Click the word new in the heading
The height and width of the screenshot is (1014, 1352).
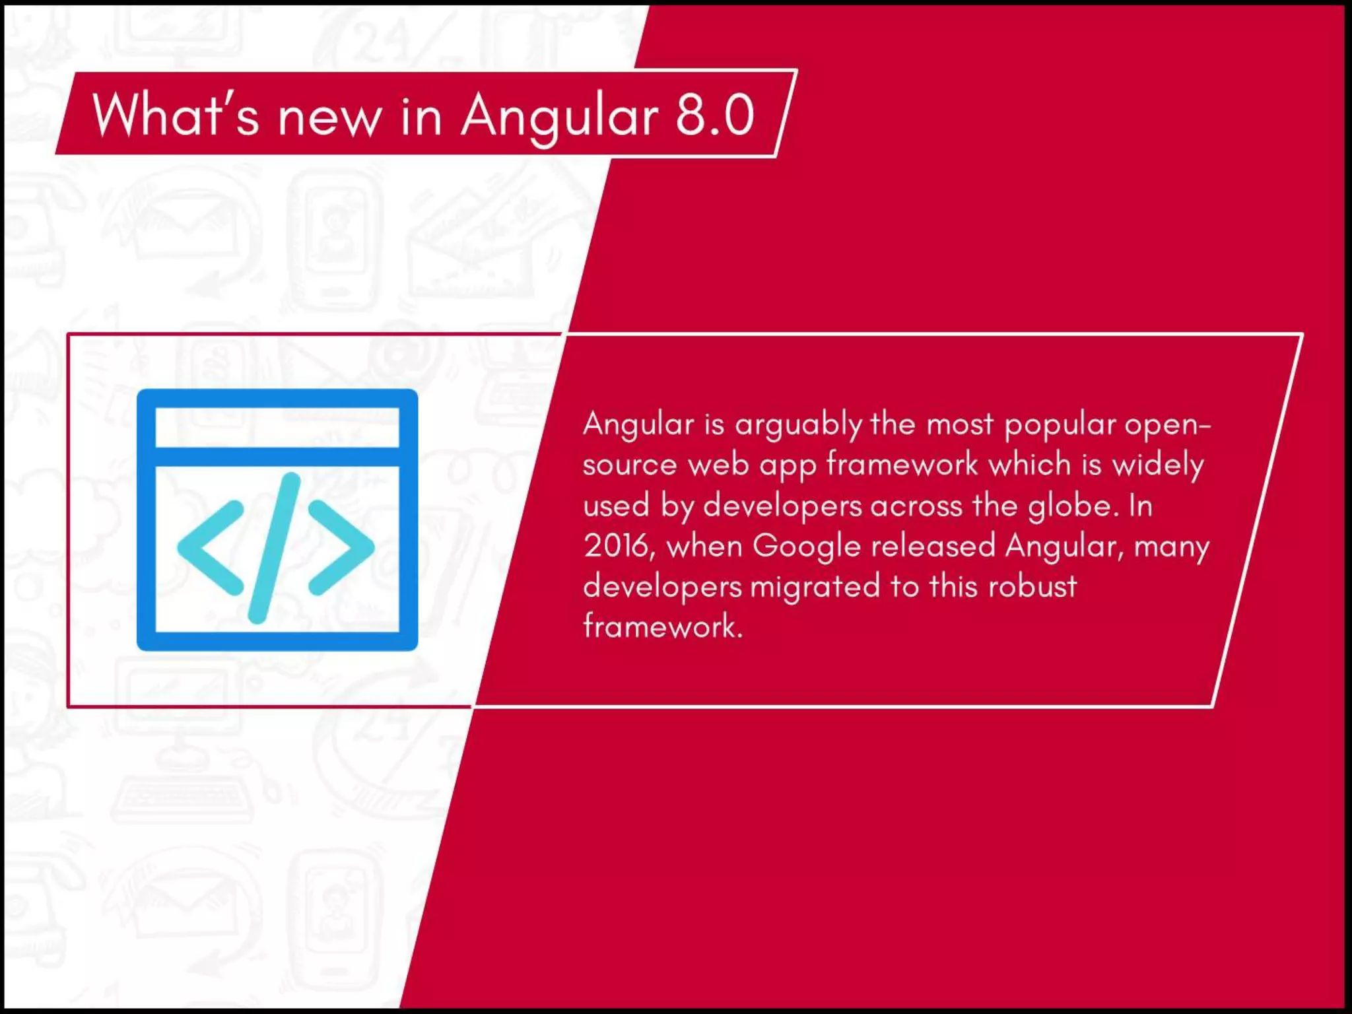[329, 119]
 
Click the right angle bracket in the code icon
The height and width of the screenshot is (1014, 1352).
[341, 547]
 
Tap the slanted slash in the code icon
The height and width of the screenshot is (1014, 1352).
[274, 547]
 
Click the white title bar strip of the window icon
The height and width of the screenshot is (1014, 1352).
[277, 428]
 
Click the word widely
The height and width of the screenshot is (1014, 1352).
[1158, 465]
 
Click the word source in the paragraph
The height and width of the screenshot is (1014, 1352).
[630, 465]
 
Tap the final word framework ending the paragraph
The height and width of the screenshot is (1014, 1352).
[662, 626]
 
